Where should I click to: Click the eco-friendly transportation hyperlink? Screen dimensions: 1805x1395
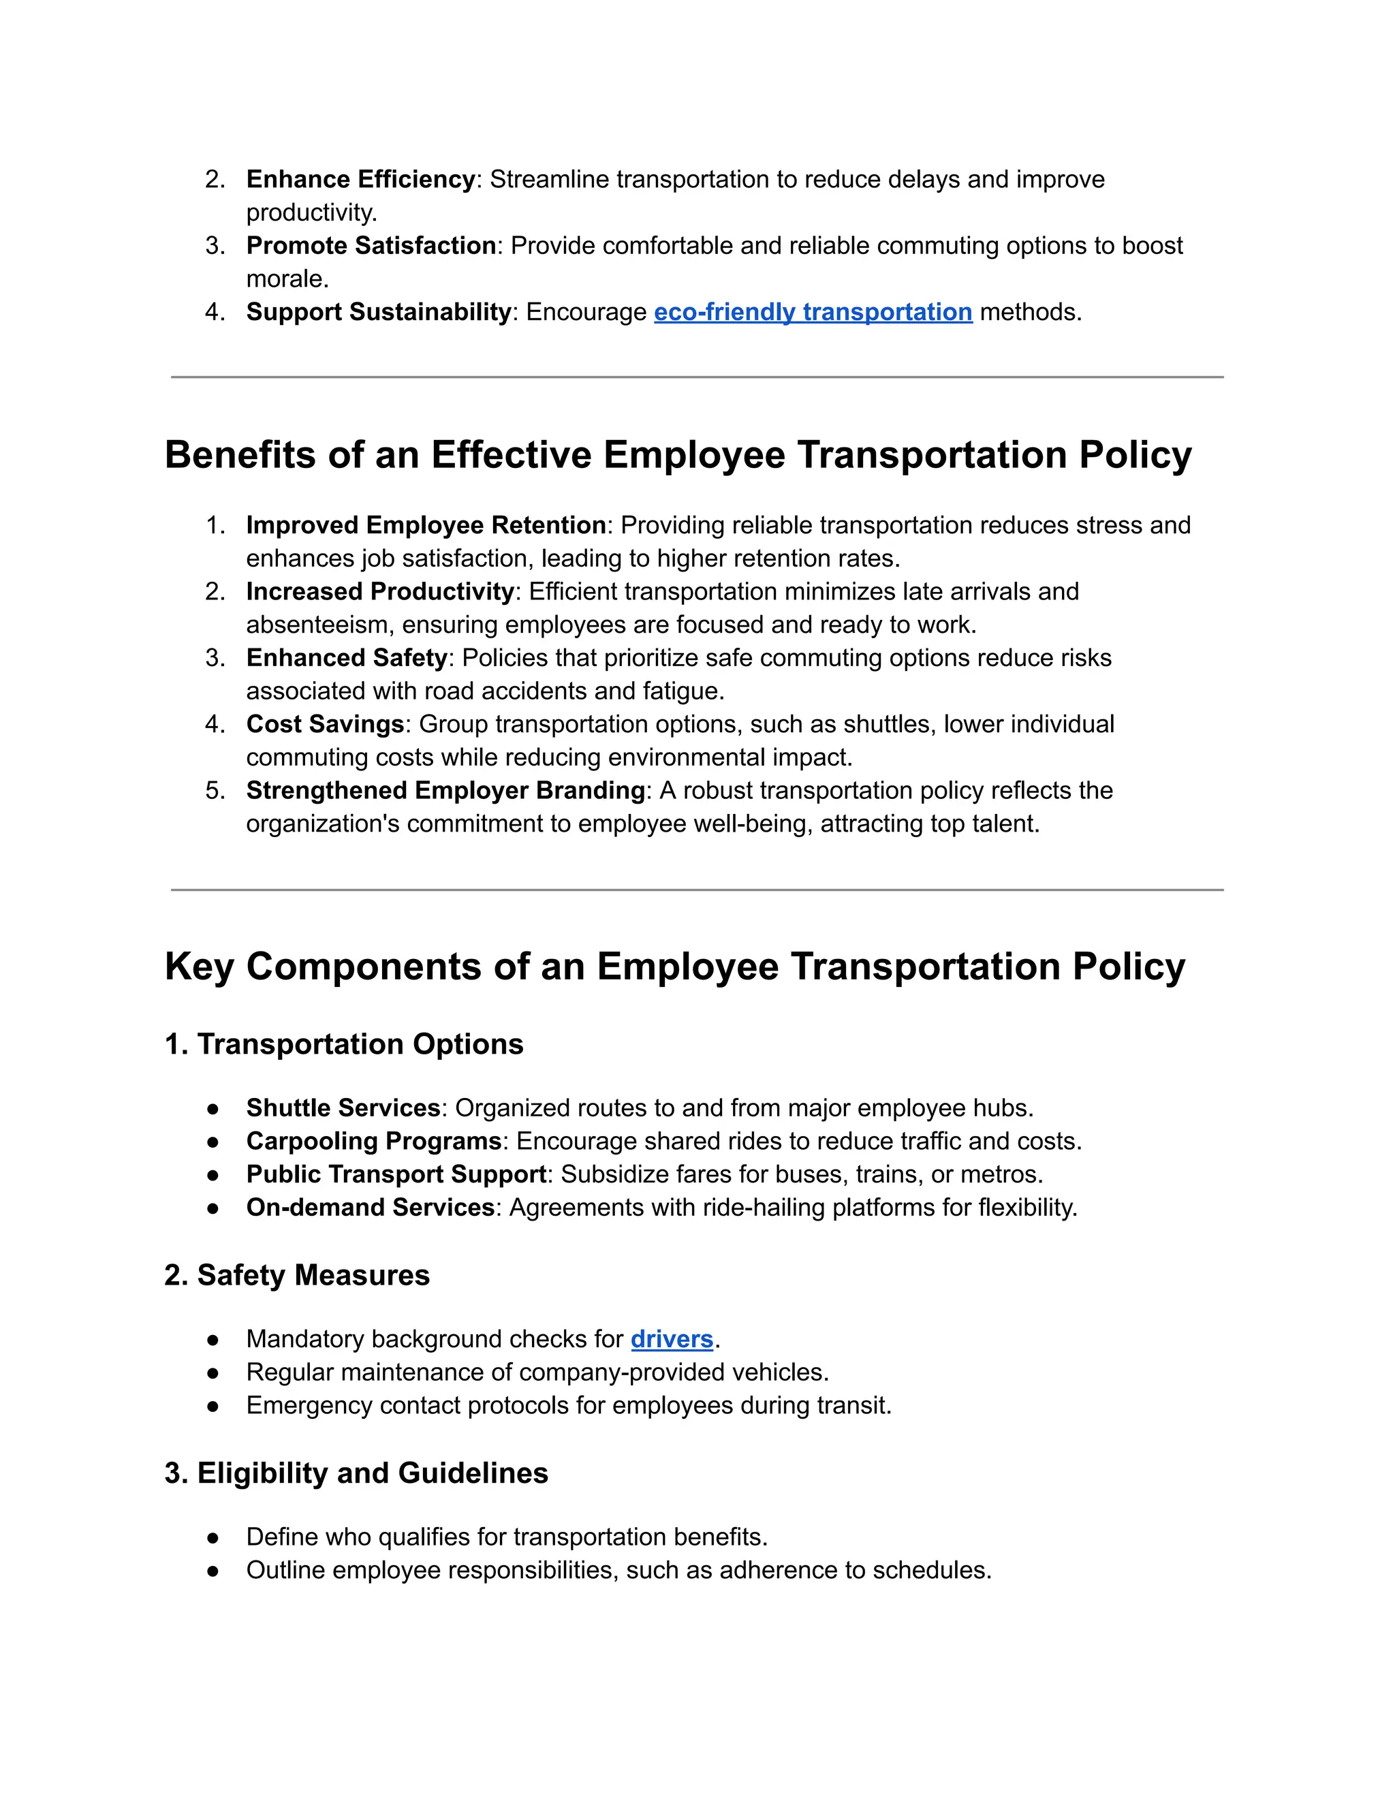point(813,313)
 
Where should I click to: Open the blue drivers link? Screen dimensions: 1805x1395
point(671,1339)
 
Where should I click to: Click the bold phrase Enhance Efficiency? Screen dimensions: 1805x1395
point(360,179)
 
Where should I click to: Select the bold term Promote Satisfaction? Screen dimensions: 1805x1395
point(371,245)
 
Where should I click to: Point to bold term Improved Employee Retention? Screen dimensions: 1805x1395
point(426,526)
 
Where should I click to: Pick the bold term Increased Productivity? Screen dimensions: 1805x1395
point(380,592)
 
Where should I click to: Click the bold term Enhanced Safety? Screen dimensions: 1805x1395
point(346,658)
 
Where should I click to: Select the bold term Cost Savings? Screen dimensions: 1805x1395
point(325,724)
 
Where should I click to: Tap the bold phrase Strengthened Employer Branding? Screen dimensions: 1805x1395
point(445,791)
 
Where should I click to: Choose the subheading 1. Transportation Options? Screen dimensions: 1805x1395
point(344,1045)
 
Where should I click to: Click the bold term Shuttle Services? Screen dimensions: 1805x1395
point(343,1108)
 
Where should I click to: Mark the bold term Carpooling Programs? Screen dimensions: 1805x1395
point(373,1142)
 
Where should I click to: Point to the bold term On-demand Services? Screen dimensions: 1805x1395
point(371,1208)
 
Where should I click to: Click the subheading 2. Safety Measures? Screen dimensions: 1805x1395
point(297,1275)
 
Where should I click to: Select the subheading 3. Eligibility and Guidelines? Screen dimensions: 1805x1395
point(356,1473)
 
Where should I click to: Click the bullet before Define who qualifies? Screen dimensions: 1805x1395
point(213,1538)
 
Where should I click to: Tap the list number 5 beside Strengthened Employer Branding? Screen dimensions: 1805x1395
point(213,791)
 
